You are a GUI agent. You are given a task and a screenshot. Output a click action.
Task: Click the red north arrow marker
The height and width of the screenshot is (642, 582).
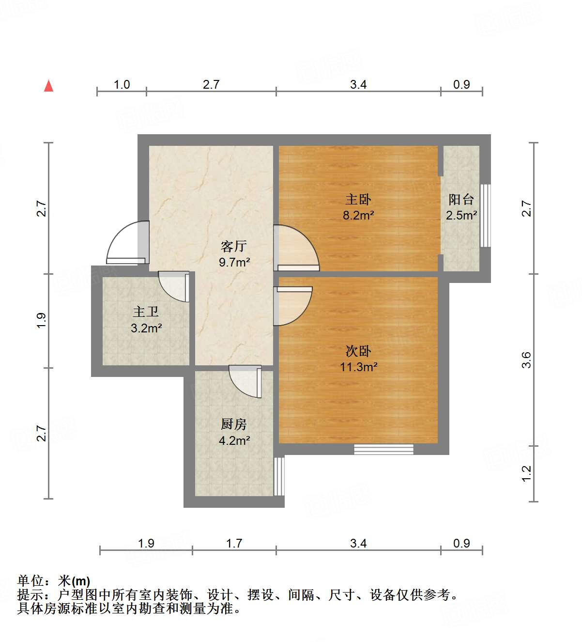point(48,86)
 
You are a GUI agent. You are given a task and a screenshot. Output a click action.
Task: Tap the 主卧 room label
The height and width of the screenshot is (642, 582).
point(358,199)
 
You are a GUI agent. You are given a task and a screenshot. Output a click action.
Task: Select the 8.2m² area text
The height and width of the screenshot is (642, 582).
point(358,215)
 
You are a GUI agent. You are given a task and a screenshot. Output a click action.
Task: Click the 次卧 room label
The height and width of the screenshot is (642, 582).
point(358,351)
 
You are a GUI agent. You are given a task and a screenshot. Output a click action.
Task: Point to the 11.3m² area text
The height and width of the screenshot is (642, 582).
point(358,367)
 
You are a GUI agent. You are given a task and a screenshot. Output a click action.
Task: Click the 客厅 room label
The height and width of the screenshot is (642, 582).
point(234,246)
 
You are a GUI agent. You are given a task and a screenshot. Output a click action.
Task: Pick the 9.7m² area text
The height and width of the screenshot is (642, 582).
point(234,262)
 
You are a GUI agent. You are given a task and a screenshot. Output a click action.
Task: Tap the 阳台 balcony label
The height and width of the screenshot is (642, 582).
point(461,199)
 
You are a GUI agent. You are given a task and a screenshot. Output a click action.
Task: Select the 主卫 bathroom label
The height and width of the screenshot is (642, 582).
point(146,312)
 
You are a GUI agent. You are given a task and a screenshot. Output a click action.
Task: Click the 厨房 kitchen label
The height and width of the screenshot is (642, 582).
point(234,424)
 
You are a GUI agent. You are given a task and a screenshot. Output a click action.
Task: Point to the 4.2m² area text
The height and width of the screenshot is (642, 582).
point(234,440)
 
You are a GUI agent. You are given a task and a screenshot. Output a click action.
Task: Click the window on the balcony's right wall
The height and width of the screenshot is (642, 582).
point(485,216)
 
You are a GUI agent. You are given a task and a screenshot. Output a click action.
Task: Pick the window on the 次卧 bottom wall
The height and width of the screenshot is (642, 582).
point(383,449)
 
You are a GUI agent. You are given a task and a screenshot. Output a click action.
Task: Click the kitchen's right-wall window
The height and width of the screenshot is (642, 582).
point(279,476)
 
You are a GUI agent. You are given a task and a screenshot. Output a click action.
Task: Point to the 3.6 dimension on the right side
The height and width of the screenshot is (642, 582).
point(527,360)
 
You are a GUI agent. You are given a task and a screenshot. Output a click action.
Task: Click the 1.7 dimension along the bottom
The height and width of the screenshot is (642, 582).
point(234,543)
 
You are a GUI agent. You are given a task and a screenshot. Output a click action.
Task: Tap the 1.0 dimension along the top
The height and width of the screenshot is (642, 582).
point(122,84)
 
